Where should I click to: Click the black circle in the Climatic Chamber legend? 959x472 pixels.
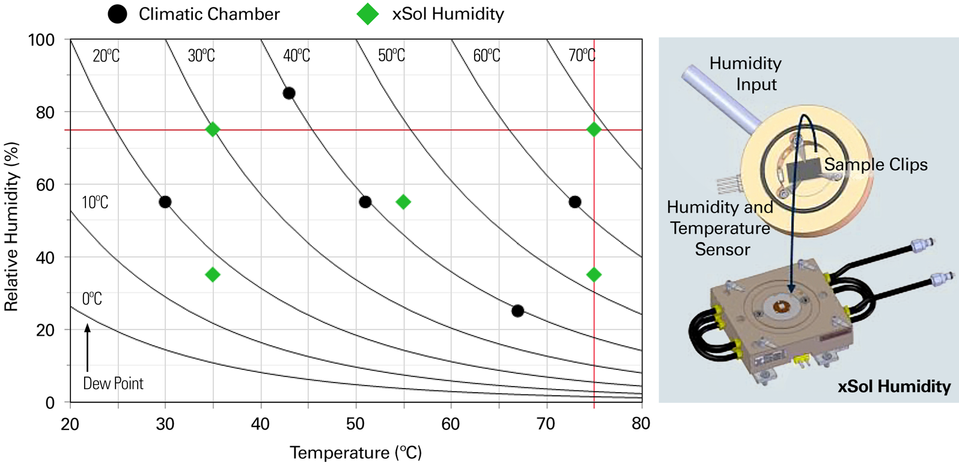click(x=117, y=14)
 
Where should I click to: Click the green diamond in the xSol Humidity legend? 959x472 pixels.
click(x=368, y=14)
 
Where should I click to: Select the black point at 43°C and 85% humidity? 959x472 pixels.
click(x=289, y=93)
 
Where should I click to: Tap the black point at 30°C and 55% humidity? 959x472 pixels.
click(x=165, y=202)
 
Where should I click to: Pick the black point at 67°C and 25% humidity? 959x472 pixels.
click(x=517, y=311)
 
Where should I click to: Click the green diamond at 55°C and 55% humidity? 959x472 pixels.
click(x=403, y=202)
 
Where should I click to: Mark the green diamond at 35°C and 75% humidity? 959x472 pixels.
click(x=213, y=130)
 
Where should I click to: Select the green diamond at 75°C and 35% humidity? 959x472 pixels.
click(x=594, y=275)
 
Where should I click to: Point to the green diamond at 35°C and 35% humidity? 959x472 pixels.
click(x=213, y=275)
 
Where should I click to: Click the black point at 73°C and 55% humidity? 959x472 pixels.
click(x=574, y=202)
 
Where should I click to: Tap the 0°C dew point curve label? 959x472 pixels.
click(x=92, y=298)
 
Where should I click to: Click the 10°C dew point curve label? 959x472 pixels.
click(x=95, y=202)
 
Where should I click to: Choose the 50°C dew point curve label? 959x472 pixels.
click(x=391, y=56)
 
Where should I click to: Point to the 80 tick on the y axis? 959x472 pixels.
click(x=44, y=112)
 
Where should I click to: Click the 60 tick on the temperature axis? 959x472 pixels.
click(x=451, y=424)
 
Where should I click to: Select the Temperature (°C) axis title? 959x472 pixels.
click(x=356, y=453)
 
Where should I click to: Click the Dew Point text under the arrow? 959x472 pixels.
click(x=113, y=384)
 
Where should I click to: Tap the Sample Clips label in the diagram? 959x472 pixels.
click(x=875, y=165)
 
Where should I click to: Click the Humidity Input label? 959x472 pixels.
click(x=745, y=73)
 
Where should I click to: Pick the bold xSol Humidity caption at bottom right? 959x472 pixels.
click(x=894, y=387)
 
